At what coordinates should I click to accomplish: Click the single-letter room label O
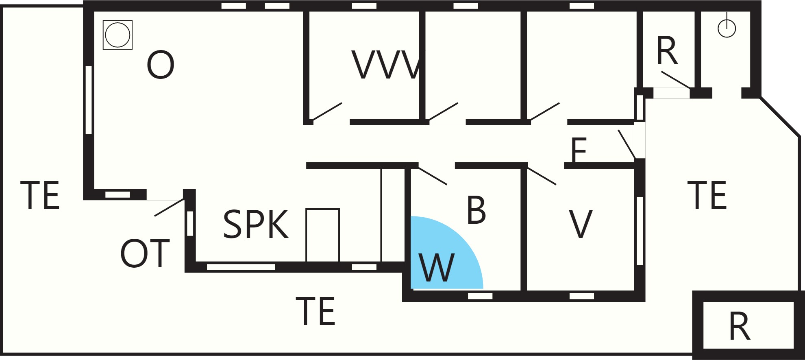[x=161, y=65]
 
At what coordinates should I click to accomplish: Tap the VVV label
[x=385, y=65]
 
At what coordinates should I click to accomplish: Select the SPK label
[x=256, y=224]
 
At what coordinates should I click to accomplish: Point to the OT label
[x=145, y=253]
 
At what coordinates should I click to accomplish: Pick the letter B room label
[x=476, y=210]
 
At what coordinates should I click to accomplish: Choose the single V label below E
[x=580, y=224]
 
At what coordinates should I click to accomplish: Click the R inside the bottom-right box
[x=740, y=326]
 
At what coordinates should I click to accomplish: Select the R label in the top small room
[x=667, y=51]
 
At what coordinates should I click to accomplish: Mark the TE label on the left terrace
[x=40, y=196]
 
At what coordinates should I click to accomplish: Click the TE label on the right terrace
[x=707, y=196]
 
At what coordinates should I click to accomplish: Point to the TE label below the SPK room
[x=315, y=311]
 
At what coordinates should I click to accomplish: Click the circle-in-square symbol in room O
[x=117, y=35]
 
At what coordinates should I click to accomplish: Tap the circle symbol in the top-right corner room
[x=727, y=28]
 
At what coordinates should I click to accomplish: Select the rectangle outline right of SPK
[x=322, y=235]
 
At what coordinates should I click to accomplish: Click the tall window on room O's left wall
[x=89, y=100]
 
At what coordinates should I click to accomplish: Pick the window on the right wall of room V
[x=640, y=231]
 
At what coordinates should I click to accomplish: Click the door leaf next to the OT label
[x=170, y=207]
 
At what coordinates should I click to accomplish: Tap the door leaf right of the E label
[x=627, y=144]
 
